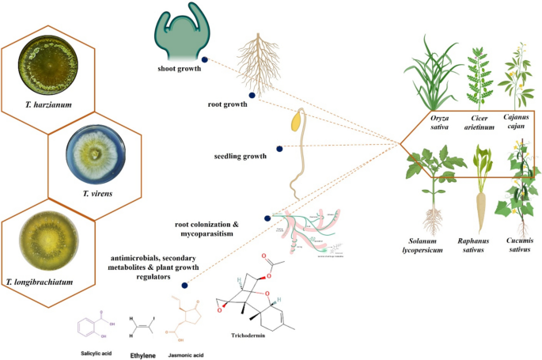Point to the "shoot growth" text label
tap(176, 69)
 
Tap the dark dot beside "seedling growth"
tap(279, 148)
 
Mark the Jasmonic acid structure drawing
tap(189, 319)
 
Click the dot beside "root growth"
tap(252, 96)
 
